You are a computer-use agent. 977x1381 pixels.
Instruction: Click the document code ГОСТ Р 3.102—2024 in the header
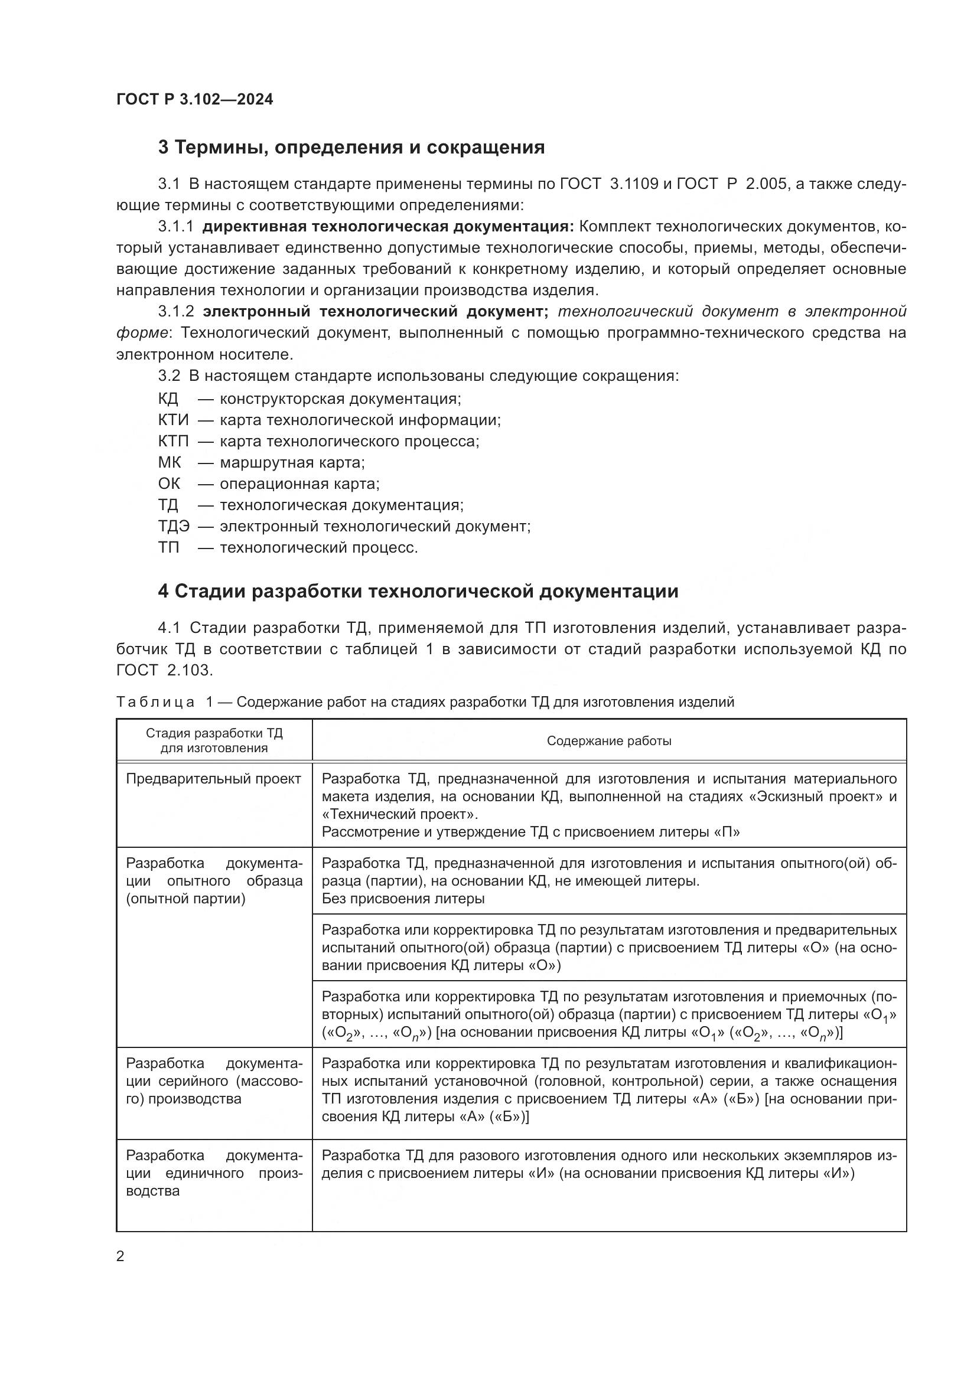click(194, 99)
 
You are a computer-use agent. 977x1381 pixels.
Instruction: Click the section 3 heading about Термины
click(351, 148)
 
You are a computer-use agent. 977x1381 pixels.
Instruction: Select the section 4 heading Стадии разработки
click(418, 591)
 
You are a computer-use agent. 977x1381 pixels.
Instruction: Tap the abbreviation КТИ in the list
click(173, 420)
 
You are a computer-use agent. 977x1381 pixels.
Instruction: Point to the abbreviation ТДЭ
click(174, 526)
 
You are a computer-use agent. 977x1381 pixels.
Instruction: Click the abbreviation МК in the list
click(169, 462)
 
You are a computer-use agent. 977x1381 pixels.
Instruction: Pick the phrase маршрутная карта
click(292, 462)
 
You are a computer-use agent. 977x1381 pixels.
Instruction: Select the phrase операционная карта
click(299, 484)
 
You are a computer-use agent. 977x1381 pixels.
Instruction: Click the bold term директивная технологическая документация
click(388, 227)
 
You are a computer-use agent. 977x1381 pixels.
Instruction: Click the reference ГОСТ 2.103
click(164, 670)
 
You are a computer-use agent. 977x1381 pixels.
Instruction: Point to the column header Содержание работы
click(609, 741)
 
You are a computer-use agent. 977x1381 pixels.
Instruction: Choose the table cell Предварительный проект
click(214, 779)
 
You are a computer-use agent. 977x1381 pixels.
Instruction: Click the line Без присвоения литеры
click(403, 899)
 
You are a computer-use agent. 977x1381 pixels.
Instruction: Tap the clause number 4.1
click(169, 628)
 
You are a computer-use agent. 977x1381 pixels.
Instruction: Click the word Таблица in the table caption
click(155, 702)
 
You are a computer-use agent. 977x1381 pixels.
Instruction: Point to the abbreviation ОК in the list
click(169, 484)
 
